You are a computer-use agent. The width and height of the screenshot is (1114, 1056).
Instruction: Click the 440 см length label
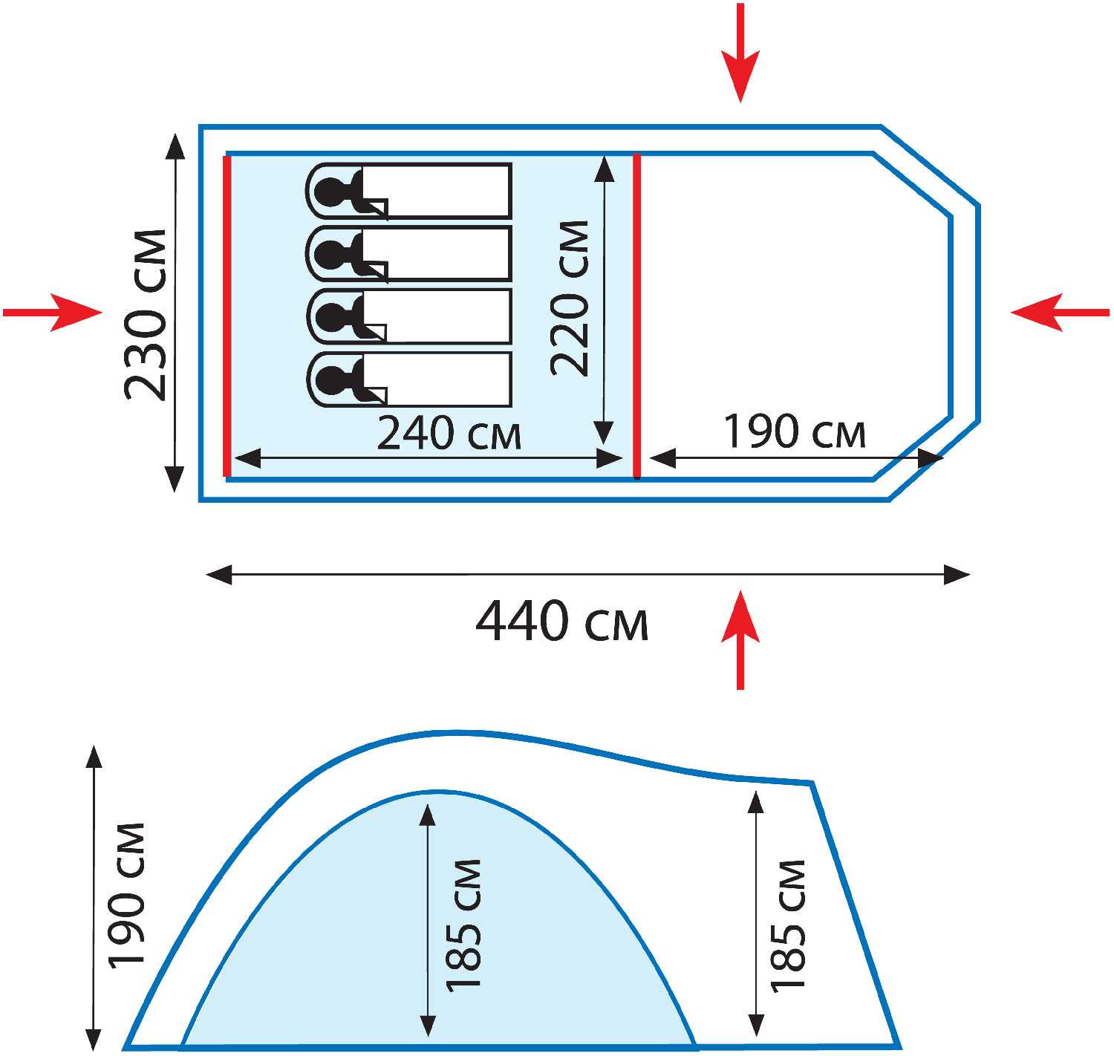coord(561,622)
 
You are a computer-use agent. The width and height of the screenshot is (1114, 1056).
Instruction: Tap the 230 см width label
coord(146,315)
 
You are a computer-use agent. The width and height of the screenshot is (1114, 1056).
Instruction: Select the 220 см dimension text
coord(570,298)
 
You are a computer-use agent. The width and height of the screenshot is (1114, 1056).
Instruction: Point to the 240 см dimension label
coord(449,434)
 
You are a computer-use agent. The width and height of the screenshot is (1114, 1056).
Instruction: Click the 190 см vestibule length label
coord(795,432)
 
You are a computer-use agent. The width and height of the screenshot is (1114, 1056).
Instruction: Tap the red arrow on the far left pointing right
coord(52,313)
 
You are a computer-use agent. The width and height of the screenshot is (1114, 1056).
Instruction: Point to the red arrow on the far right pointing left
coord(1061,313)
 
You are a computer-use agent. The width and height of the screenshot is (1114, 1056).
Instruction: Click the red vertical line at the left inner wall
coord(227,316)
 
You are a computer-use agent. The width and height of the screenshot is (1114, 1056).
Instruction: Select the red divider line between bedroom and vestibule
coord(637,316)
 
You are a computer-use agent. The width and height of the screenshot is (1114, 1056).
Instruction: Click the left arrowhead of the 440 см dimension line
coord(219,574)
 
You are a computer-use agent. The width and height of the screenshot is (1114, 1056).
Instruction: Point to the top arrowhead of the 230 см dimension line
coord(176,147)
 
